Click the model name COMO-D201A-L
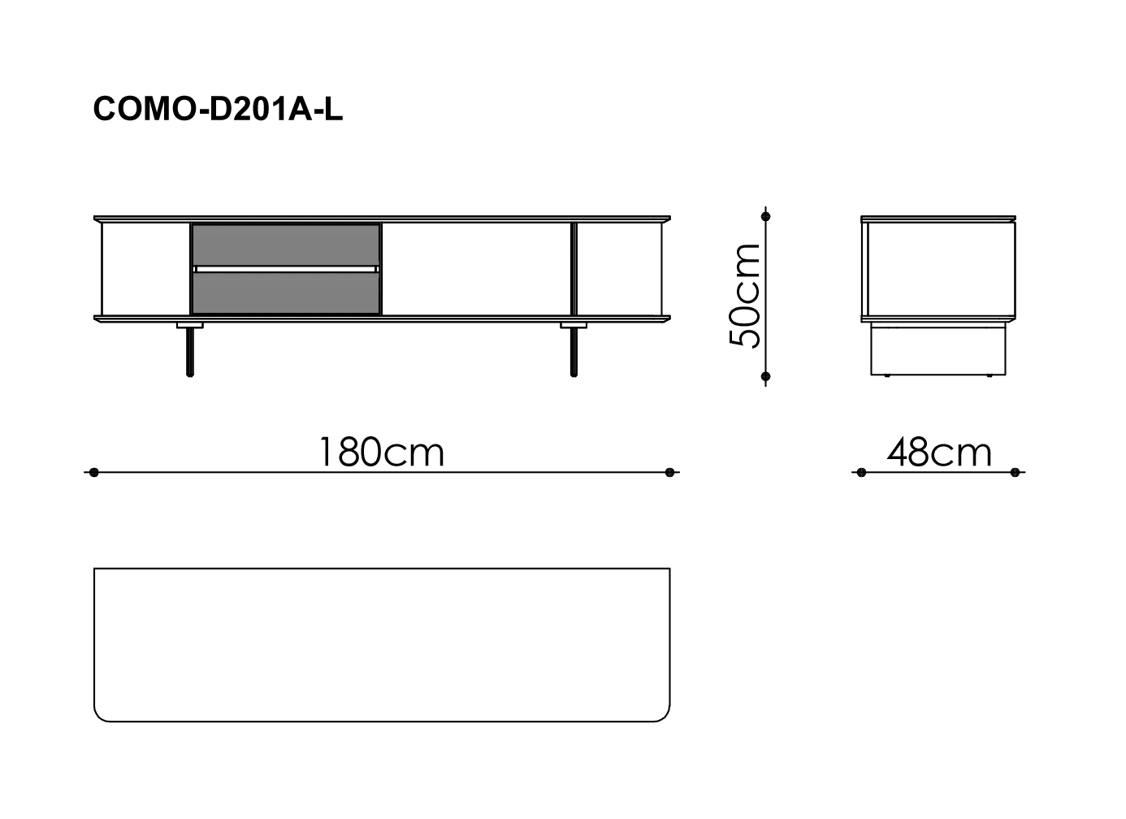coord(218,109)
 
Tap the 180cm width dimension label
coord(382,452)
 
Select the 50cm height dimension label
coord(745,296)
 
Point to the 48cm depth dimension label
coord(939,452)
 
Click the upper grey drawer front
coord(285,245)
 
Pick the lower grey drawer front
coord(285,293)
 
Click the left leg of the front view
coord(190,352)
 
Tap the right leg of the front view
coord(574,352)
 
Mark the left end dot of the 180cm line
coord(93,473)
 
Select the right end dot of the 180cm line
coord(669,473)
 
